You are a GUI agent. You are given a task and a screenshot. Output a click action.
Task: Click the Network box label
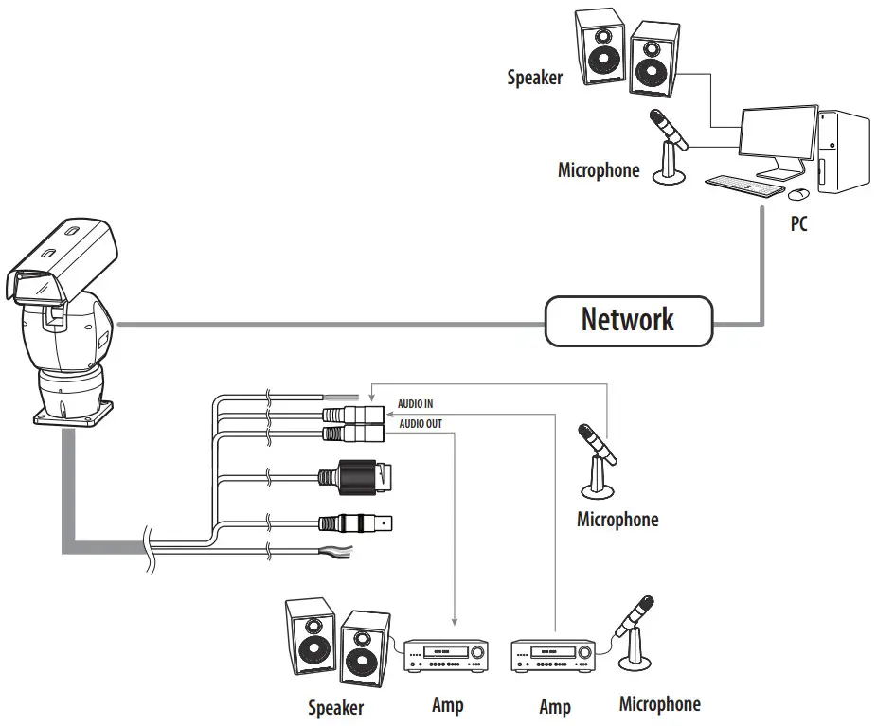(x=628, y=320)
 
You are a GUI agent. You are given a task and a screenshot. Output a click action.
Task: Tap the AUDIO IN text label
(x=415, y=404)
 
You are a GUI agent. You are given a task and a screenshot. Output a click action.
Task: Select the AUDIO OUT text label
(x=420, y=424)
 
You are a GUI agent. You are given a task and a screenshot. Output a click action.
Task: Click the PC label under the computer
(x=799, y=226)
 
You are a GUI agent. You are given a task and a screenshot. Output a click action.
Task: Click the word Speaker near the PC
(x=534, y=78)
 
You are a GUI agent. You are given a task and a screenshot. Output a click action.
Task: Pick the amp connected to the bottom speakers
(x=445, y=655)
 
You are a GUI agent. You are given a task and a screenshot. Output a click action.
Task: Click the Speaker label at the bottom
(x=335, y=706)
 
